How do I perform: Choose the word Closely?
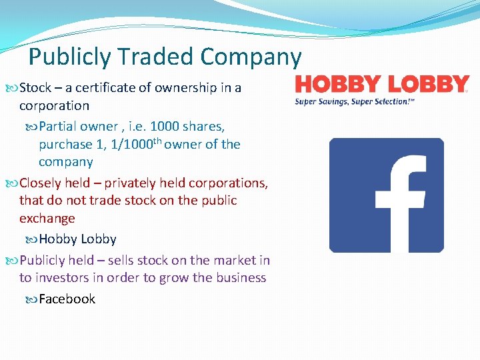click(43, 183)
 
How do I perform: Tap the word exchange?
click(47, 218)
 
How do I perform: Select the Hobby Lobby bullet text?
click(77, 239)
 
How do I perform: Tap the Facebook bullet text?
click(67, 299)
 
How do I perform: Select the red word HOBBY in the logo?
click(338, 85)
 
